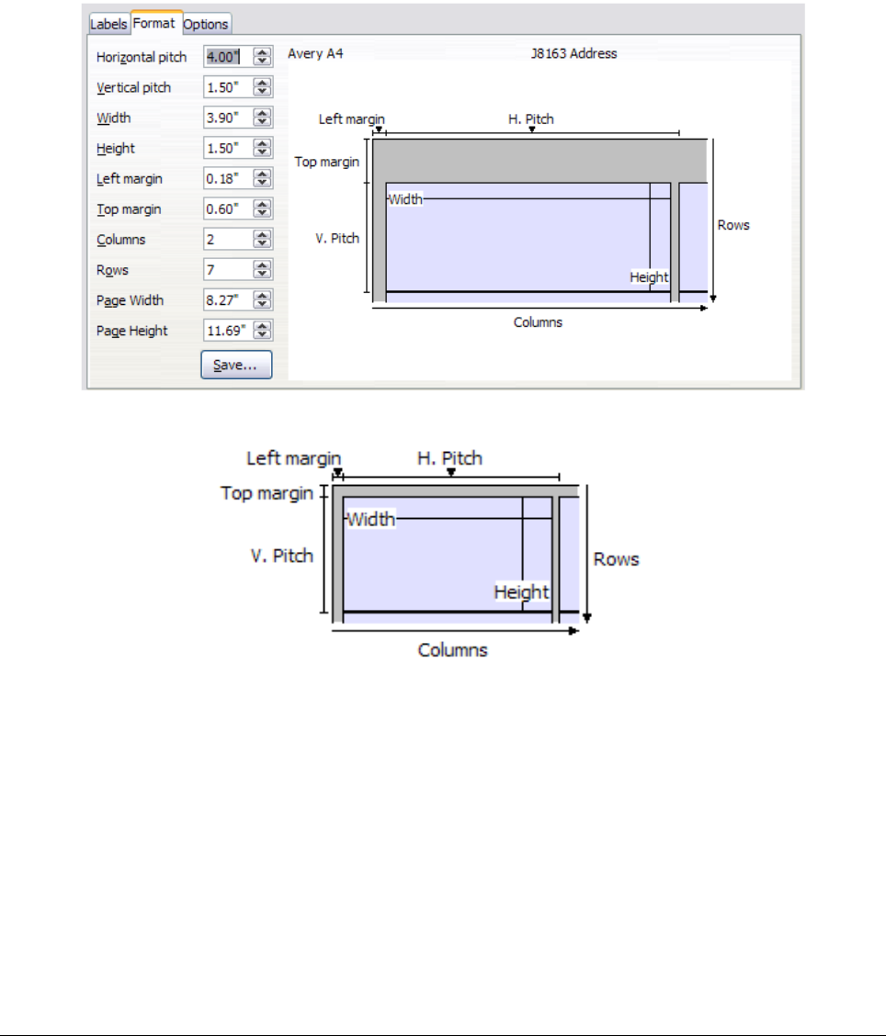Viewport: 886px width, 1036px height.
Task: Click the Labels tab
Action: pos(108,25)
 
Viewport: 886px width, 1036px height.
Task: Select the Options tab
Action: pos(206,25)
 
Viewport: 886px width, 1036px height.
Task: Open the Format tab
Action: pos(154,23)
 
